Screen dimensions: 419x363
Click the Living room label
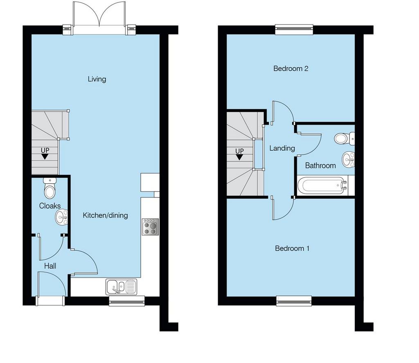pyautogui.click(x=97, y=79)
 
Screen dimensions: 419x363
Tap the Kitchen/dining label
pyautogui.click(x=105, y=215)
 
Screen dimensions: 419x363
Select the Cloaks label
pyautogui.click(x=50, y=206)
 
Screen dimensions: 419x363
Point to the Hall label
pyautogui.click(x=50, y=266)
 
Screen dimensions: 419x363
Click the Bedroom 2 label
pyautogui.click(x=291, y=68)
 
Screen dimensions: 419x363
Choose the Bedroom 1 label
pyautogui.click(x=292, y=248)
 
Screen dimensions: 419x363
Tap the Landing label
pyautogui.click(x=282, y=148)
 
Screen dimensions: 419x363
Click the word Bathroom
pyautogui.click(x=320, y=166)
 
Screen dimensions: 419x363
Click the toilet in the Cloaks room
pyautogui.click(x=50, y=188)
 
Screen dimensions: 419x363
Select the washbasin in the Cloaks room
pyautogui.click(x=62, y=217)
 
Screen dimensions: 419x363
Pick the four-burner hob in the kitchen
pyautogui.click(x=150, y=227)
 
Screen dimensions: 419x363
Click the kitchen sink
pyautogui.click(x=121, y=287)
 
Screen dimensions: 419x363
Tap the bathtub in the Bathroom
pyautogui.click(x=323, y=186)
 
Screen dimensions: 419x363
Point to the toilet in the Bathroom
pyautogui.click(x=344, y=138)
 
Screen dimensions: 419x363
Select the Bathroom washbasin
pyautogui.click(x=349, y=159)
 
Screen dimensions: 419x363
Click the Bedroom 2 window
pyautogui.click(x=294, y=29)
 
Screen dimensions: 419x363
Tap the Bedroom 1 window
pyautogui.click(x=294, y=301)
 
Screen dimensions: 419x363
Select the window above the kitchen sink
pyautogui.click(x=127, y=301)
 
